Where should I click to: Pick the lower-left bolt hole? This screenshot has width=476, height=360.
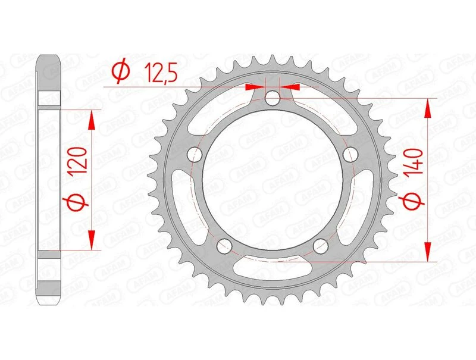224,246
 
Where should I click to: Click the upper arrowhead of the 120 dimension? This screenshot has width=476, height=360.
91,120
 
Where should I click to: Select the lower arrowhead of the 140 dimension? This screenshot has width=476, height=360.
427,251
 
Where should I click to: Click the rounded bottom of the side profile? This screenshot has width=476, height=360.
51,301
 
